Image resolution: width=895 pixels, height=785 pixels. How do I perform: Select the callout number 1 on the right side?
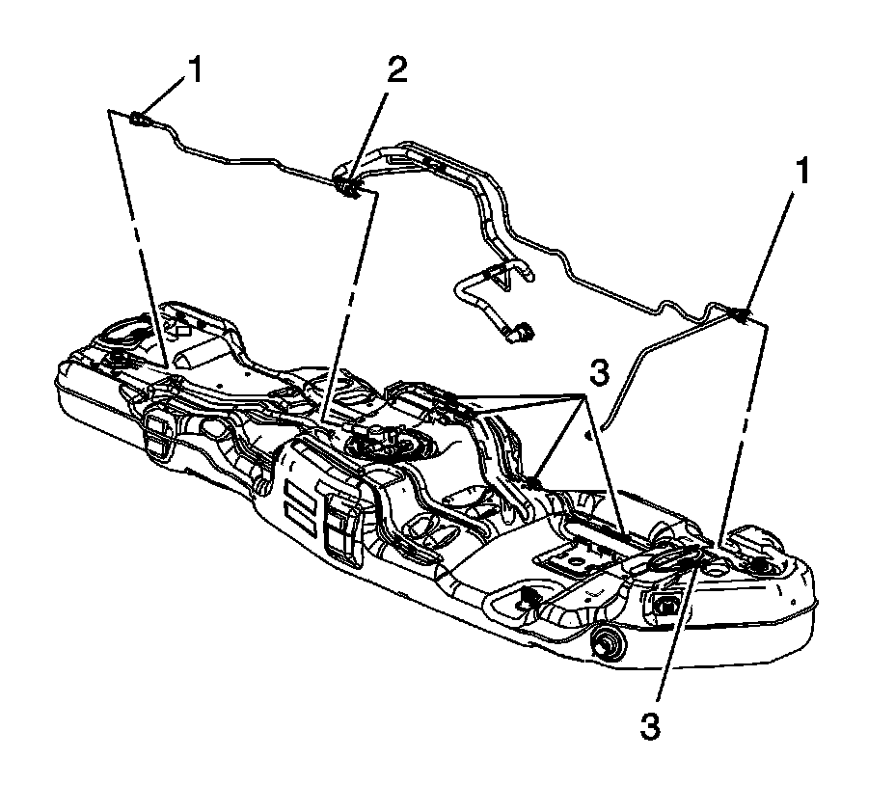coord(802,174)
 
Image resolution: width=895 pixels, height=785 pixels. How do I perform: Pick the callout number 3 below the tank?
coord(652,725)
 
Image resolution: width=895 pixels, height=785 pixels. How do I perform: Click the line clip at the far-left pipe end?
coord(139,120)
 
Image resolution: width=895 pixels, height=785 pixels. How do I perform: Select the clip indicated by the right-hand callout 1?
coord(741,314)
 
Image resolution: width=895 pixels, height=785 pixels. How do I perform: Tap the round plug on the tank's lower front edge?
coord(609,640)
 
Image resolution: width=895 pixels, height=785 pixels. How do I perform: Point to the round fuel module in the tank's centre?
coord(378,446)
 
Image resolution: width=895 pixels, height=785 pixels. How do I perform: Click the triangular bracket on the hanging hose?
coord(499,277)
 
